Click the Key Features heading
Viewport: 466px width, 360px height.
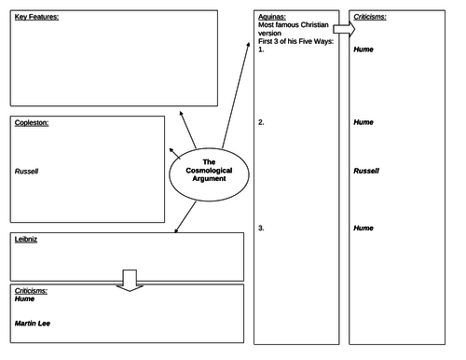[x=36, y=17]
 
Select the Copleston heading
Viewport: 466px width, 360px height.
[x=32, y=123]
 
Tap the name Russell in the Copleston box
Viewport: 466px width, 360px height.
[x=26, y=172]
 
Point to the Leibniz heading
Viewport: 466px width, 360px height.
[x=26, y=240]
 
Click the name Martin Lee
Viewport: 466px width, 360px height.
[x=33, y=324]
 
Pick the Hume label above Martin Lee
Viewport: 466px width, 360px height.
[x=24, y=299]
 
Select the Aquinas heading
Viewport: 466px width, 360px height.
[x=272, y=17]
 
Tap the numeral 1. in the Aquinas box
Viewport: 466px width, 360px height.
[x=261, y=49]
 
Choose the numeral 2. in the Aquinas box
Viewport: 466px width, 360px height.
[x=261, y=122]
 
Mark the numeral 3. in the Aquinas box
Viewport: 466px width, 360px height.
[x=261, y=228]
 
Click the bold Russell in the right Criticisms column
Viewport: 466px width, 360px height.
[x=366, y=171]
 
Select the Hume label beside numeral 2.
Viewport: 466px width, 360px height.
[x=363, y=122]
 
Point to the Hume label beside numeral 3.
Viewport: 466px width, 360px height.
[x=363, y=228]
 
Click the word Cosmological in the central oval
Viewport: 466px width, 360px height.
[x=209, y=171]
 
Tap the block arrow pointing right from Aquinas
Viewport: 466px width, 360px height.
[x=344, y=29]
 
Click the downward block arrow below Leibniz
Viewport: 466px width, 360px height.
[x=130, y=281]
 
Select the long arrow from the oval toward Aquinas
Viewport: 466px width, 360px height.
[x=236, y=95]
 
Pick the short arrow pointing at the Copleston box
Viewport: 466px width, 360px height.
[x=174, y=154]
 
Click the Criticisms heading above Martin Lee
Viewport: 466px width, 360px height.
[x=31, y=291]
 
